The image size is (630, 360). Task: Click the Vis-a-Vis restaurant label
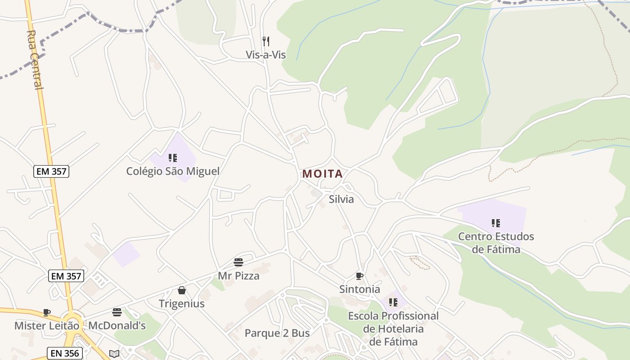pyautogui.click(x=265, y=55)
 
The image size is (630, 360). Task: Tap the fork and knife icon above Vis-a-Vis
pyautogui.click(x=266, y=41)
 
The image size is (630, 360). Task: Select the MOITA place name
pyautogui.click(x=322, y=174)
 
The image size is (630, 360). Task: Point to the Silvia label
pyautogui.click(x=341, y=199)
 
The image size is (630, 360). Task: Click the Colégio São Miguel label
pyautogui.click(x=173, y=171)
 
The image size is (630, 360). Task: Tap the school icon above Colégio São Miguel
pyautogui.click(x=173, y=158)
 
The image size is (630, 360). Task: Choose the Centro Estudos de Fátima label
pyautogui.click(x=496, y=243)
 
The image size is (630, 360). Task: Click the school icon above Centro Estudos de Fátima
pyautogui.click(x=496, y=223)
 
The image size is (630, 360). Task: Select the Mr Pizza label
pyautogui.click(x=238, y=275)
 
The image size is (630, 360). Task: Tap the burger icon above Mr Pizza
pyautogui.click(x=238, y=262)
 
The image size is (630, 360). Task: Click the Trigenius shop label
pyautogui.click(x=182, y=303)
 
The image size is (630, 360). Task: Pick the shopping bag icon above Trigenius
pyautogui.click(x=182, y=290)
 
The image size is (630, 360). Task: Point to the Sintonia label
pyautogui.click(x=360, y=289)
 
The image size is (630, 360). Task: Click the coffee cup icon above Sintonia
pyautogui.click(x=359, y=276)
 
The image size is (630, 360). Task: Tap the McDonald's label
pyautogui.click(x=117, y=325)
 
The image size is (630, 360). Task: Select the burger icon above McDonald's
pyautogui.click(x=117, y=312)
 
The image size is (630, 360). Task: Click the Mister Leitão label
pyautogui.click(x=47, y=325)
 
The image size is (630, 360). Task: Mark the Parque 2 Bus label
pyautogui.click(x=277, y=333)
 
